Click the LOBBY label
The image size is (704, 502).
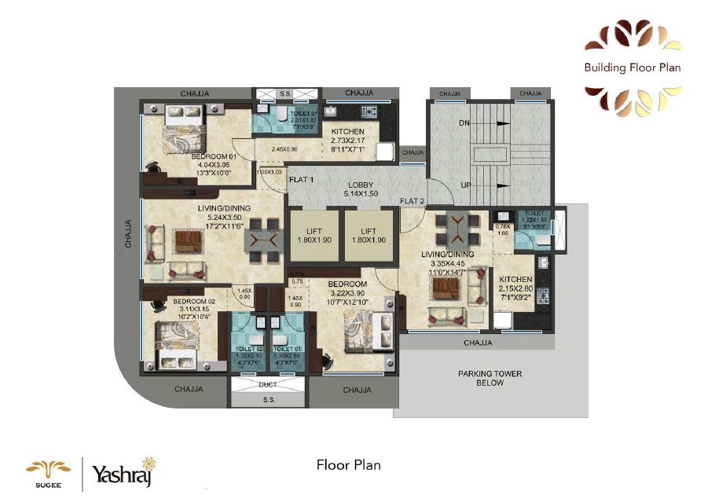(361, 185)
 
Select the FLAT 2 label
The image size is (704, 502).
(412, 201)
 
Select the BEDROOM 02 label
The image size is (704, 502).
(194, 302)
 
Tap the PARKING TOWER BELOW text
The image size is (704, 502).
(490, 379)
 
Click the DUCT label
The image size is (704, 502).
(269, 385)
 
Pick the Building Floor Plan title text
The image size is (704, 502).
(632, 68)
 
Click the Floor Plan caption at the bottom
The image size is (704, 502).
(348, 464)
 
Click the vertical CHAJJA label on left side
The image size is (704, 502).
(128, 234)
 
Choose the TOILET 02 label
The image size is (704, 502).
(249, 347)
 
